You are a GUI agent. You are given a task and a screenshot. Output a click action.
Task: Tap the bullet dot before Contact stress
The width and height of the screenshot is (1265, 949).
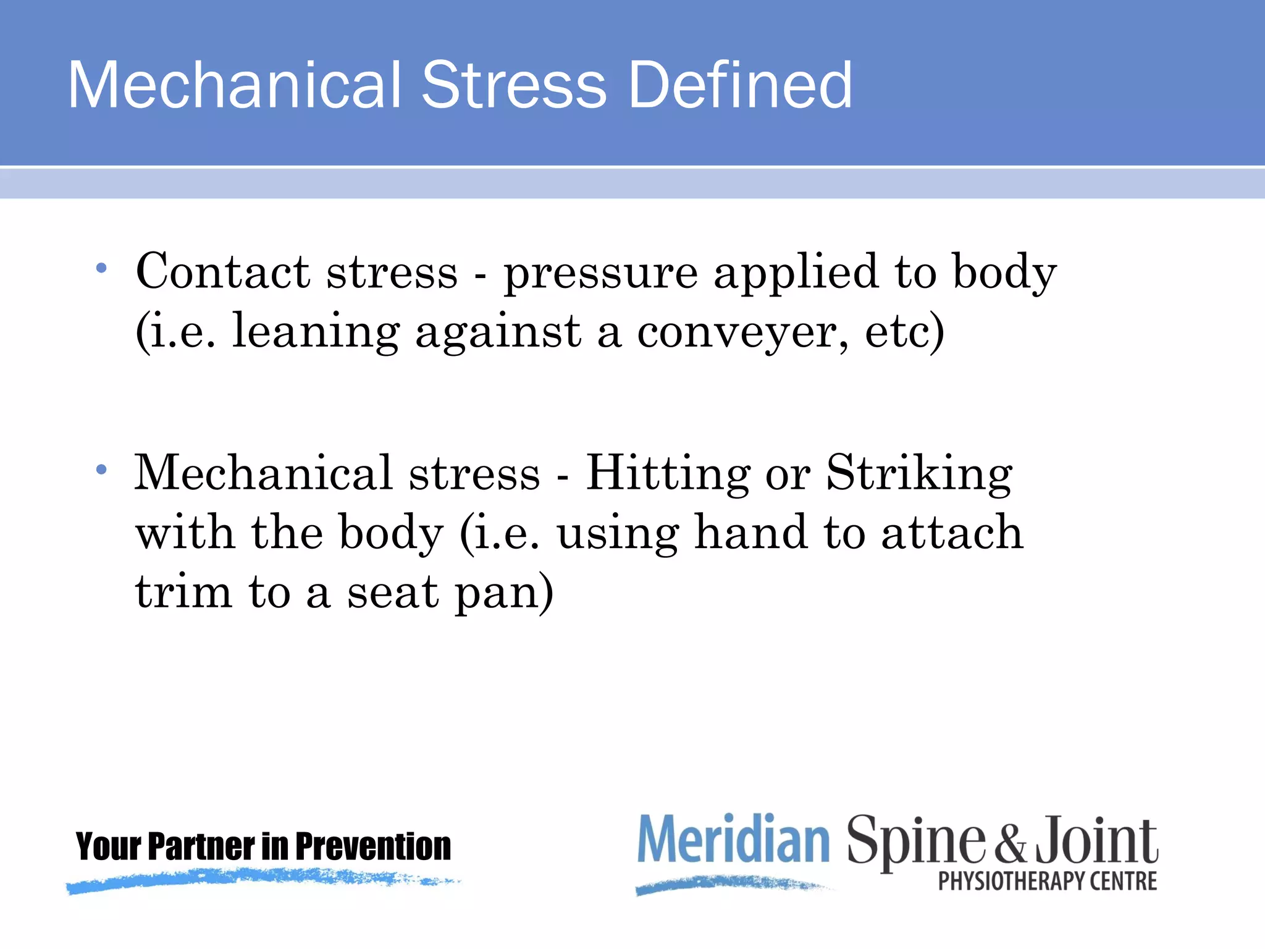click(102, 268)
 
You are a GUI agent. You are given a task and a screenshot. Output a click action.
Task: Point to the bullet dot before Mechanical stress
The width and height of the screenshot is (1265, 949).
click(102, 470)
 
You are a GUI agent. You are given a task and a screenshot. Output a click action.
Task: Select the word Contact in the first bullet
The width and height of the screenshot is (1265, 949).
click(222, 272)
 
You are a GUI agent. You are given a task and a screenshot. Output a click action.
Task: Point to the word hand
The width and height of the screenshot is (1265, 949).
click(750, 533)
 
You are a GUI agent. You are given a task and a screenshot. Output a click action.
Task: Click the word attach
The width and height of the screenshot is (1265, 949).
click(952, 533)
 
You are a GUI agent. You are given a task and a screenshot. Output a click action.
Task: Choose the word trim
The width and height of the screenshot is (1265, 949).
click(183, 592)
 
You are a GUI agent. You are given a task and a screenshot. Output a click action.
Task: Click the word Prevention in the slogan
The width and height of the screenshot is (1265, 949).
click(373, 846)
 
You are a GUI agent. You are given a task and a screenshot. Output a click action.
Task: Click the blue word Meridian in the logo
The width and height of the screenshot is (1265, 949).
click(733, 838)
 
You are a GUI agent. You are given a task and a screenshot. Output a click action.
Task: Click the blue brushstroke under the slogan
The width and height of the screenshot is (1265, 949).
click(259, 879)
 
